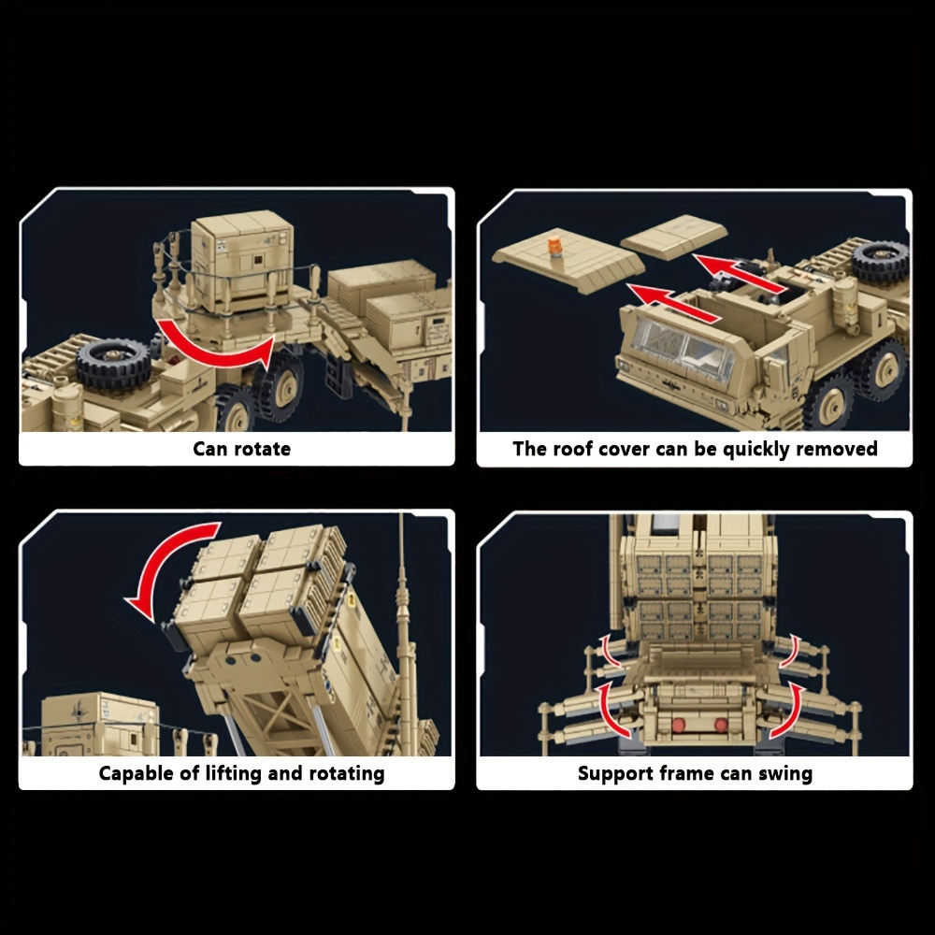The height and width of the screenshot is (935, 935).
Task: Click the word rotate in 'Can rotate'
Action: pyautogui.click(x=263, y=449)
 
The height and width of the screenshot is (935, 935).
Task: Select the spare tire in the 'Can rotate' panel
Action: pyautogui.click(x=114, y=364)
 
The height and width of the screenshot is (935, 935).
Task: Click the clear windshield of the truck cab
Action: pyautogui.click(x=683, y=345)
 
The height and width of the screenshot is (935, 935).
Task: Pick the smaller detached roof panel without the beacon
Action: pyautogui.click(x=674, y=237)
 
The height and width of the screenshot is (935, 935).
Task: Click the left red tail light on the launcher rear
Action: pyautogui.click(x=678, y=726)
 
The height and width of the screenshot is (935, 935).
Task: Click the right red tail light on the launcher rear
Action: pyautogui.click(x=721, y=726)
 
